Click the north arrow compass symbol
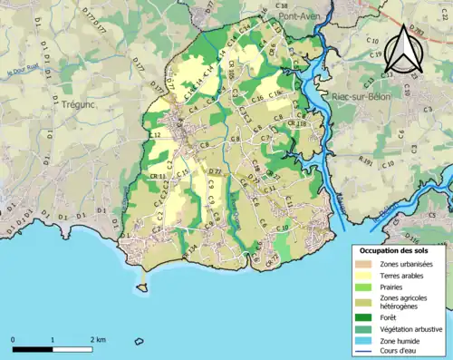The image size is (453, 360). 404,50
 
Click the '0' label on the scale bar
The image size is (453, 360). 14,339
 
